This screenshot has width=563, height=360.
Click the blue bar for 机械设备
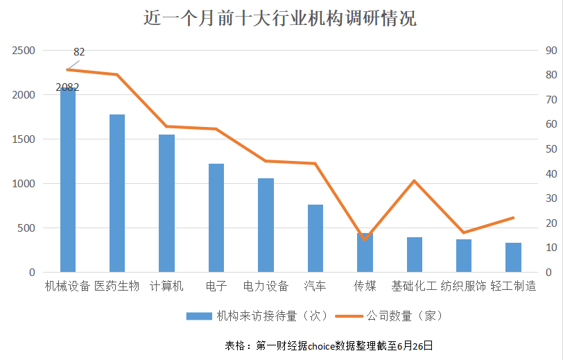click(x=67, y=180)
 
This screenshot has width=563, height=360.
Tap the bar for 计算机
click(x=166, y=203)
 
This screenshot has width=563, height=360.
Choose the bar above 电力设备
click(x=266, y=225)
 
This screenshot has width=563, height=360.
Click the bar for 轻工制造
click(x=513, y=257)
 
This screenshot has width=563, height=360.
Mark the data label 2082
click(x=67, y=87)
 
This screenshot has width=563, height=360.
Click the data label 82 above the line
click(x=79, y=51)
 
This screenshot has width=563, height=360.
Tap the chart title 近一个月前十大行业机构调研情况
click(x=279, y=19)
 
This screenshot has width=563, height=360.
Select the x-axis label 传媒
click(x=365, y=286)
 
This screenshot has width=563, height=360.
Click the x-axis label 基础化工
click(x=414, y=286)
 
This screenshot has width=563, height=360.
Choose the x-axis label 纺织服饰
click(x=463, y=286)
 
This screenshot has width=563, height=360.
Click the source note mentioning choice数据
click(x=329, y=345)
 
